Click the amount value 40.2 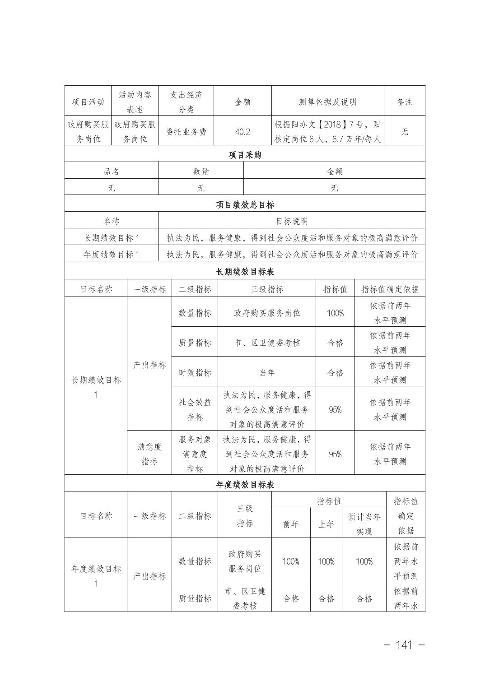(x=242, y=131)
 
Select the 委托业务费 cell (x=186, y=131)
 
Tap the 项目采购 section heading (x=245, y=155)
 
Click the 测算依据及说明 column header (x=327, y=102)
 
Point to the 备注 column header (x=405, y=102)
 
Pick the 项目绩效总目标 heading (x=245, y=205)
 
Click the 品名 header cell (x=112, y=171)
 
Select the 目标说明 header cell (x=292, y=221)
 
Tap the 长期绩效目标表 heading (x=245, y=272)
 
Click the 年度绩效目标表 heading (x=245, y=485)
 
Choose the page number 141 (x=403, y=645)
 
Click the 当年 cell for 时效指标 (x=267, y=372)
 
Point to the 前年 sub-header (x=291, y=524)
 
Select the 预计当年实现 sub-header (x=364, y=524)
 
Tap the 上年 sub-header (x=326, y=524)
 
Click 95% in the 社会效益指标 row (x=335, y=409)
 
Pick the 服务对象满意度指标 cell (x=195, y=454)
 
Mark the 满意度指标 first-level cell (x=149, y=454)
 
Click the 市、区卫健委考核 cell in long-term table (x=267, y=343)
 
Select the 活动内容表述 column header (x=135, y=102)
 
